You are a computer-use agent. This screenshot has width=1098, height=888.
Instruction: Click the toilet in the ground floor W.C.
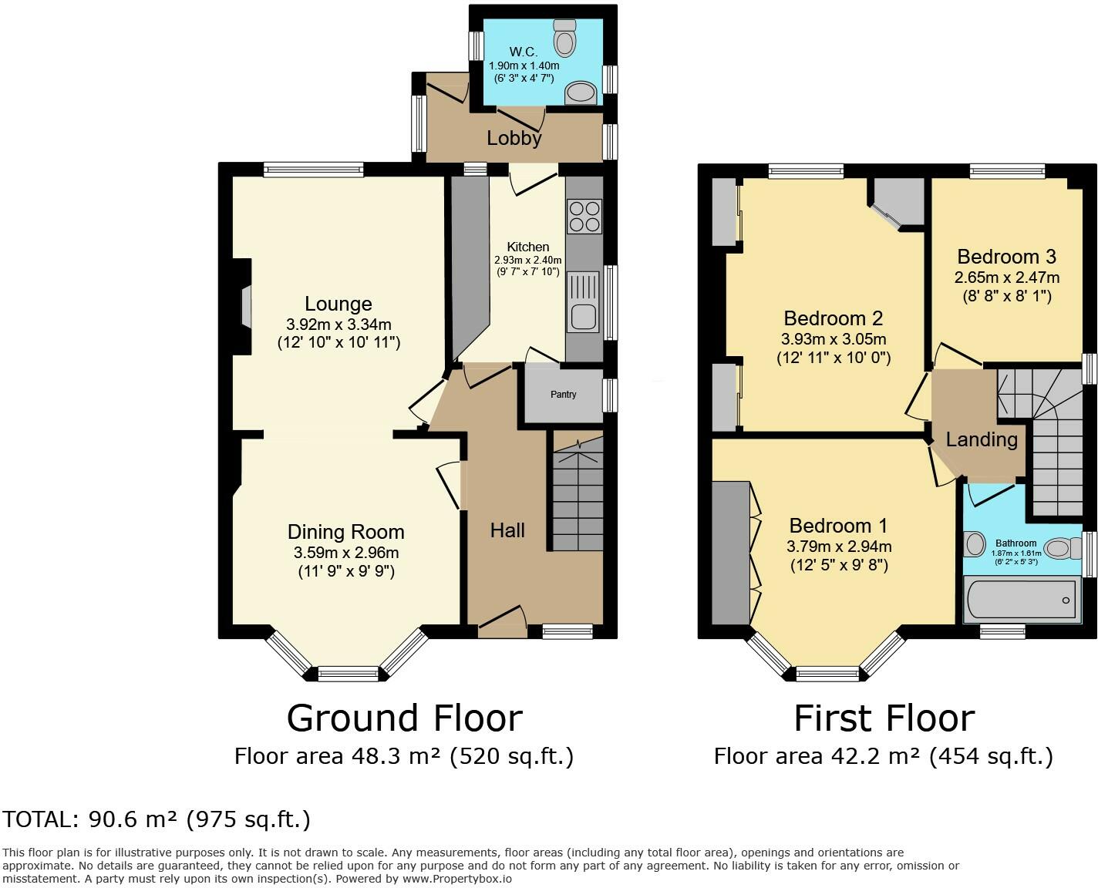[565, 39]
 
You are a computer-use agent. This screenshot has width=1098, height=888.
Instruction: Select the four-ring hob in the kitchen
[584, 216]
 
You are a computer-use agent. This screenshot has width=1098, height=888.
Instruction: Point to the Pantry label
[563, 395]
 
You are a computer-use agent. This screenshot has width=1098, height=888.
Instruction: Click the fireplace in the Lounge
[245, 307]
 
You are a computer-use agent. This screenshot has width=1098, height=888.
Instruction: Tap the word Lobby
[514, 139]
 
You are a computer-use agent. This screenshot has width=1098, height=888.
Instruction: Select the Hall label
[507, 530]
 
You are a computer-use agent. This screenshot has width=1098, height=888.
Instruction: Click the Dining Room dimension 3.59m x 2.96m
[345, 553]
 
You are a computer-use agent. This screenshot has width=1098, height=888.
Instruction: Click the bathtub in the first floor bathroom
[1019, 600]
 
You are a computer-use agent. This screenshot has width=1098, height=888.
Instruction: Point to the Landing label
[981, 439]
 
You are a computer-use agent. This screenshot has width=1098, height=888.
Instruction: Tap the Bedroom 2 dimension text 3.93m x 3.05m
[833, 339]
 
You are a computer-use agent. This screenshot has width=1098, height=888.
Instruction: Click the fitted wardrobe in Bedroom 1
[730, 553]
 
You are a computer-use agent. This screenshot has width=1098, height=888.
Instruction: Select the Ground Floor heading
[404, 718]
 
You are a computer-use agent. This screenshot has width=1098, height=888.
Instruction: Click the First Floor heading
[884, 718]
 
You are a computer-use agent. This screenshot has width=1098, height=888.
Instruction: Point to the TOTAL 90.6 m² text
[157, 819]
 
